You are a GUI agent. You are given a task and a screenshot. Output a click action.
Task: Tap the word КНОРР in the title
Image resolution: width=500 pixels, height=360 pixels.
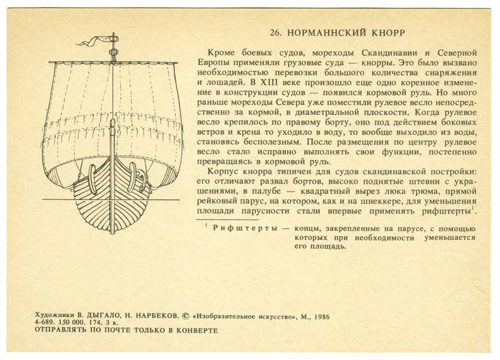(x=385, y=34)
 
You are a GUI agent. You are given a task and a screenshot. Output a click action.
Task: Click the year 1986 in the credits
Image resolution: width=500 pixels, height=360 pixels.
(x=319, y=315)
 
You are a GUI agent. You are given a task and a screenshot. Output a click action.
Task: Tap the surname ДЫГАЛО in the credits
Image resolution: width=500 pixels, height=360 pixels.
(x=99, y=315)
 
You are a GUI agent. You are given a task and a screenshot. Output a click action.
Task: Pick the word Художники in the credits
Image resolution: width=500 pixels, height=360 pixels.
(x=54, y=315)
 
